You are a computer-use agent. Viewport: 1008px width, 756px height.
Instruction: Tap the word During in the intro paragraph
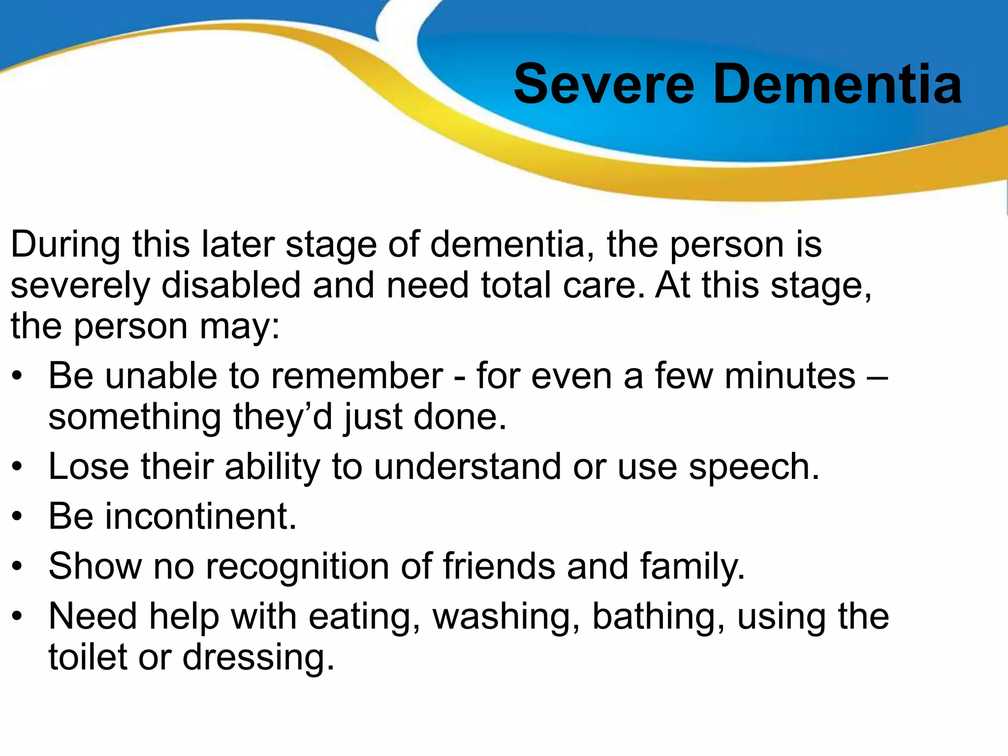(65, 245)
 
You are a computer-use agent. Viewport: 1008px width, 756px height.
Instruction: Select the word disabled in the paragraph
(231, 285)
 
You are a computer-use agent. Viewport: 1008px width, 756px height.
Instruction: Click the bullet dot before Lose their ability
(18, 467)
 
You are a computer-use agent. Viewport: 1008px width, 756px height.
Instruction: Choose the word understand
(467, 467)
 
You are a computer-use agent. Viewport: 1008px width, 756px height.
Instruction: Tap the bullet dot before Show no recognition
(18, 567)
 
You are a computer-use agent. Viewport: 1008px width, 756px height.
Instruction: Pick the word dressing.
(258, 659)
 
